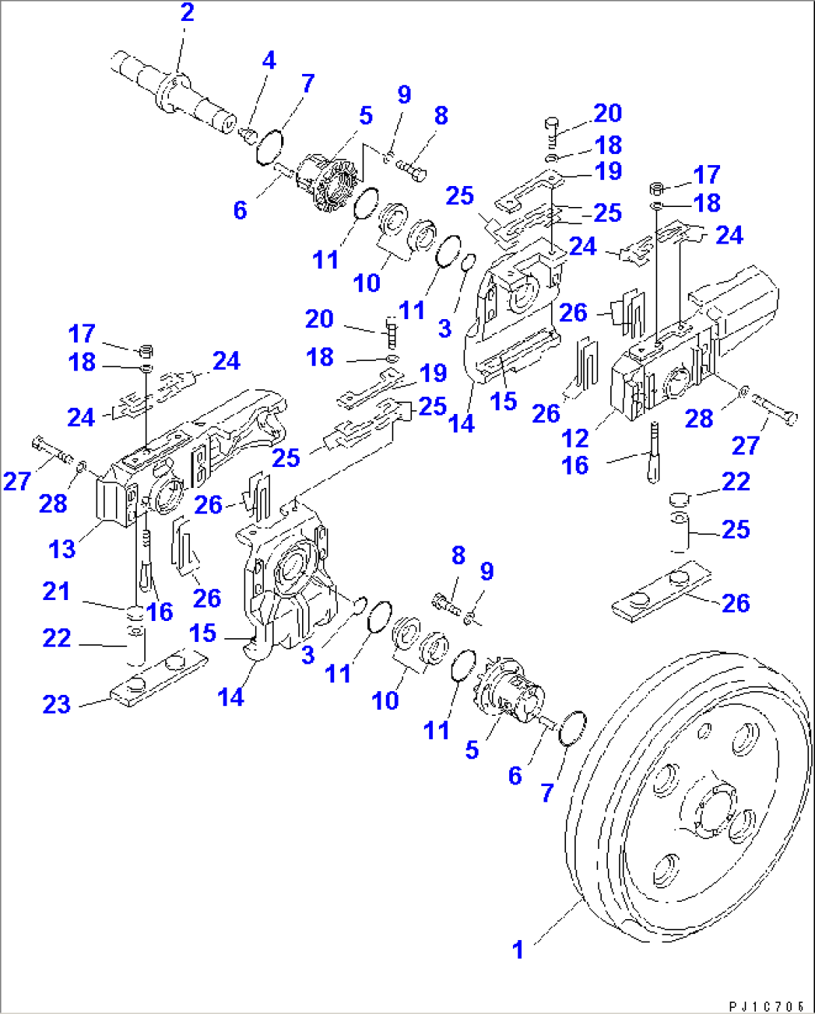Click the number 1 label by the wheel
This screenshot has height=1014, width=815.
coord(517,950)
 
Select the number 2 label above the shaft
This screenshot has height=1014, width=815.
coord(187,13)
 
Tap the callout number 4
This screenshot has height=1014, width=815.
coord(268,61)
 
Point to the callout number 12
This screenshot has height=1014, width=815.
coord(575,438)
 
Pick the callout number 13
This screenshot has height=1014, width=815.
coord(62,549)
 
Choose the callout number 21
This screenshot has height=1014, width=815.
coord(57,591)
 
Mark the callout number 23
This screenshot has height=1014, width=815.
coord(57,704)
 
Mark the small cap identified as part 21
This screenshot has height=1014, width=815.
coord(135,613)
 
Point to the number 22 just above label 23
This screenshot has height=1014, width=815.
coord(57,638)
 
